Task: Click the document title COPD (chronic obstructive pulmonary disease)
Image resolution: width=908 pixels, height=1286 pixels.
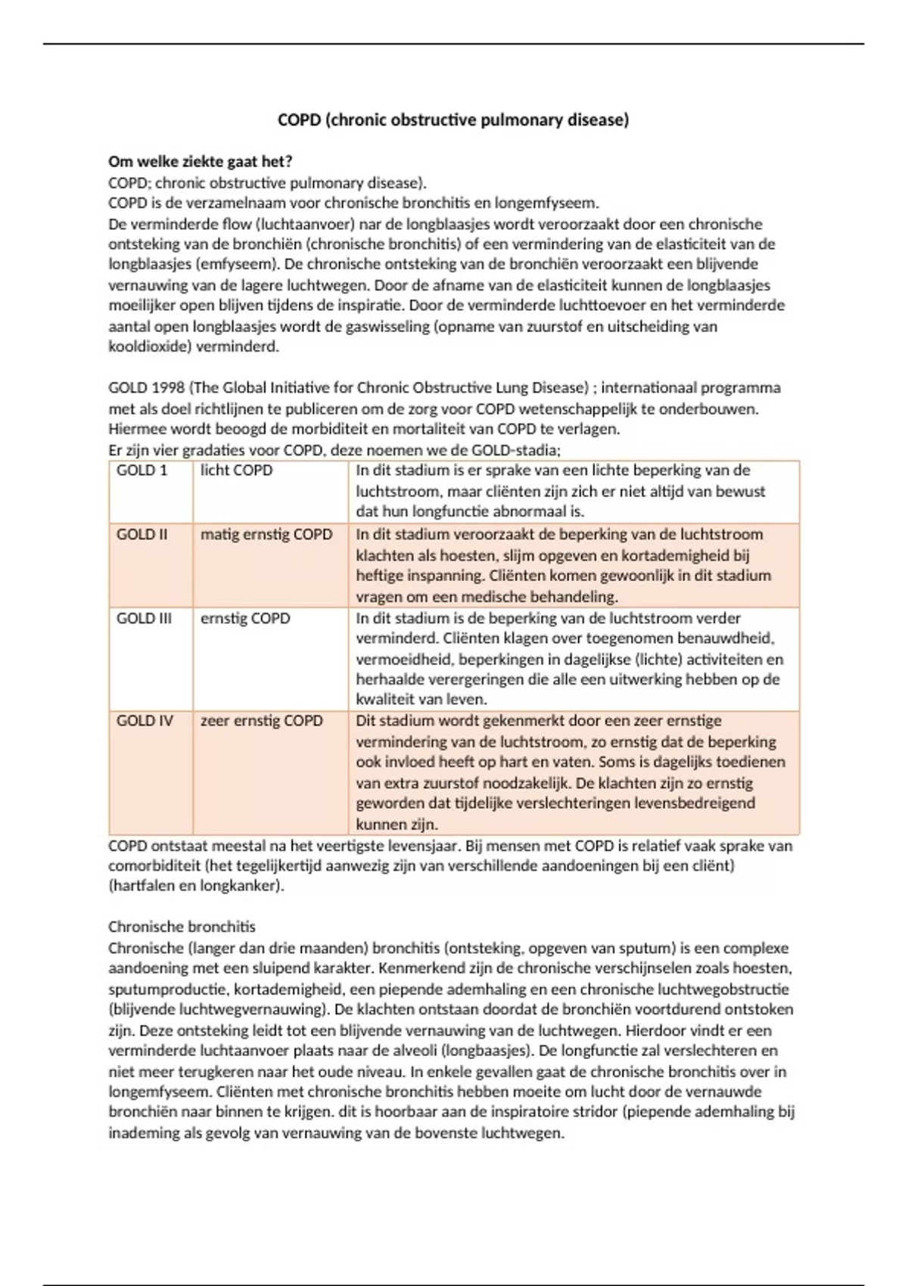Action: pos(453,120)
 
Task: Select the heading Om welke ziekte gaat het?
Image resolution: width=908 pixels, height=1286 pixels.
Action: pos(201,161)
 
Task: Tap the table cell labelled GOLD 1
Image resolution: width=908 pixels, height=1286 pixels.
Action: pos(142,470)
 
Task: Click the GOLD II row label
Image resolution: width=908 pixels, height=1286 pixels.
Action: pos(142,534)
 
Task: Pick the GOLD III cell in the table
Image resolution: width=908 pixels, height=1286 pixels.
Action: pos(145,618)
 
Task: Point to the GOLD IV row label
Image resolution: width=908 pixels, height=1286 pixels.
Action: pos(145,720)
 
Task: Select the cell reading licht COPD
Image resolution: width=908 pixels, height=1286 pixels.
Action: pos(236,470)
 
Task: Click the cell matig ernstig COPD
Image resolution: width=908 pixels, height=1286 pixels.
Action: pos(266,534)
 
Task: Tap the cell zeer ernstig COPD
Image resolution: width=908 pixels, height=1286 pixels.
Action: pos(262,720)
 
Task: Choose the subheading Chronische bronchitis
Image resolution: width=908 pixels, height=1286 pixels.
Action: pos(182,927)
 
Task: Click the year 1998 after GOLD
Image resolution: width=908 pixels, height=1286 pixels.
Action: pos(168,388)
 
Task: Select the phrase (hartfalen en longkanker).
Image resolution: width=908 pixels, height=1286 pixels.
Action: pos(196,886)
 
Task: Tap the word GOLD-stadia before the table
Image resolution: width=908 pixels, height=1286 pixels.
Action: pos(515,450)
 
